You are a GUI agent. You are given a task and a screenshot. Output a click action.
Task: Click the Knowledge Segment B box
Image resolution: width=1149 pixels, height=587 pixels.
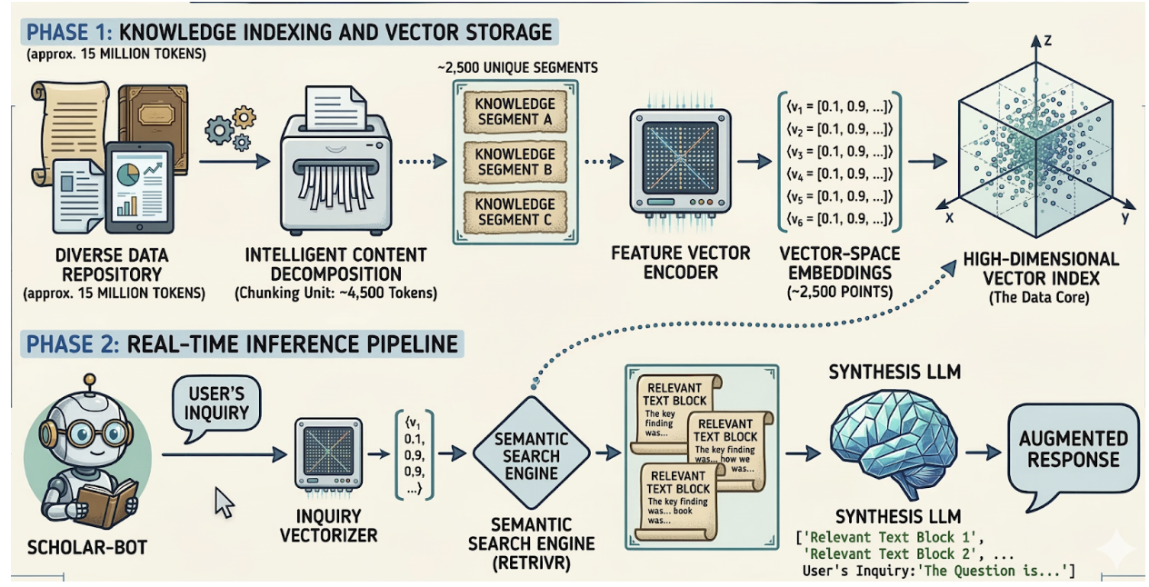click(515, 162)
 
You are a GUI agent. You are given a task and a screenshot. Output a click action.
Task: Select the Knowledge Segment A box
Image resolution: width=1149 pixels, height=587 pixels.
click(515, 112)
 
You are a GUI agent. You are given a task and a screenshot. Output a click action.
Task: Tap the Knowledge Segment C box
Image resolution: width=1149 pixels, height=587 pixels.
click(515, 212)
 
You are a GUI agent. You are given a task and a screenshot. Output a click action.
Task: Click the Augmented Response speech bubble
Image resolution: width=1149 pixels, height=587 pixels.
click(1073, 449)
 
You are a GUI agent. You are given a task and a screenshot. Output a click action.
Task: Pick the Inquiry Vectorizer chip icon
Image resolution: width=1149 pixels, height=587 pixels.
click(328, 454)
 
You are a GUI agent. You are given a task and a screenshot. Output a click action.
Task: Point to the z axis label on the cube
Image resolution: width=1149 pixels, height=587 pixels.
click(1046, 40)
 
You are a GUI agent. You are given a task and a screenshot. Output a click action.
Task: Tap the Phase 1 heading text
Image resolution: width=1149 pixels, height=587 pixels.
click(289, 33)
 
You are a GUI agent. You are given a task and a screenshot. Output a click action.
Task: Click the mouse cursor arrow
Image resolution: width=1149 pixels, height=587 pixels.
click(224, 502)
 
